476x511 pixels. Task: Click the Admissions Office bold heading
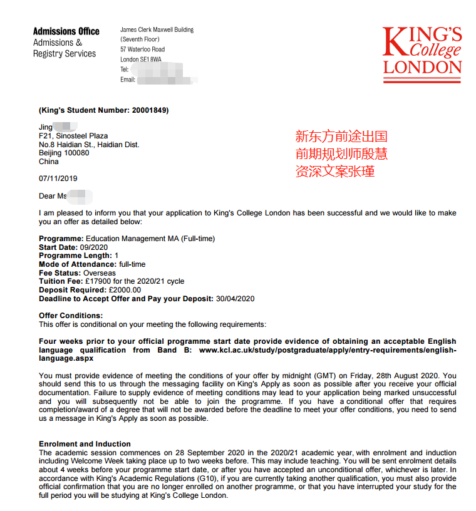click(x=66, y=31)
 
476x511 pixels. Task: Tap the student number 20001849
click(x=149, y=110)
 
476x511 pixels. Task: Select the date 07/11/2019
click(x=58, y=178)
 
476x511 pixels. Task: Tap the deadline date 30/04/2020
click(x=235, y=299)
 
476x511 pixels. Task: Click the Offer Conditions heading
click(x=71, y=316)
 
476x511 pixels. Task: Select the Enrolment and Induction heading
click(x=85, y=444)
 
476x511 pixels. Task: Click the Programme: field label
click(x=61, y=239)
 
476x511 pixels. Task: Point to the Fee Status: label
click(x=60, y=273)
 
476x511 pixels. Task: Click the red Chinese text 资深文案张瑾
click(x=335, y=171)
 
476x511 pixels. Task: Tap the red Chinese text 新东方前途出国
click(x=342, y=137)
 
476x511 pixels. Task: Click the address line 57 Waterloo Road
click(x=143, y=49)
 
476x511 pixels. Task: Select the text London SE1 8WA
click(x=141, y=59)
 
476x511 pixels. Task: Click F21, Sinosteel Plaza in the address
click(x=73, y=136)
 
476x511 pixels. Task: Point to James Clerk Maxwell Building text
click(x=157, y=29)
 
